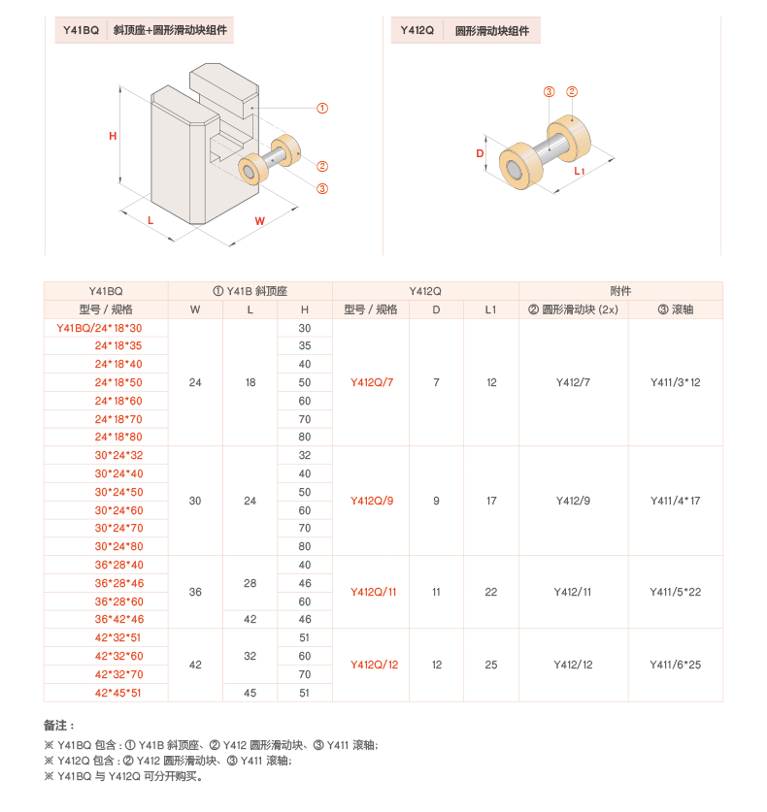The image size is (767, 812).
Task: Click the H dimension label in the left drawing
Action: [x=113, y=136]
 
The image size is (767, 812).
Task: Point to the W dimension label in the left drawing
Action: [x=260, y=221]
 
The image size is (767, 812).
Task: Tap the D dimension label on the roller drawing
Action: [x=481, y=153]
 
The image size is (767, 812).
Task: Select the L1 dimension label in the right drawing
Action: [x=580, y=172]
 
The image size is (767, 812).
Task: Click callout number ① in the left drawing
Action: [x=322, y=108]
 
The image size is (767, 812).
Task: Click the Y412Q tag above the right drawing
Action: [x=417, y=31]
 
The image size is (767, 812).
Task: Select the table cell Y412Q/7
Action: [x=371, y=382]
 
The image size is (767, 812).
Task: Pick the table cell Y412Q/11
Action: [x=371, y=592]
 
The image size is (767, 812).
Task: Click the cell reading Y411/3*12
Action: [x=675, y=382]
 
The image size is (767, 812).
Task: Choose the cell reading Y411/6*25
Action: [x=675, y=665]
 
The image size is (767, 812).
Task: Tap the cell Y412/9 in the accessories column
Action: [x=573, y=501]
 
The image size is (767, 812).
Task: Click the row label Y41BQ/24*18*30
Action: [x=106, y=328]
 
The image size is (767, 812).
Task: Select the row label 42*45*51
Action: [x=118, y=693]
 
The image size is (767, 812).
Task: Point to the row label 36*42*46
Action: [x=118, y=619]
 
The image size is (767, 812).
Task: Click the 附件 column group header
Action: [x=620, y=291]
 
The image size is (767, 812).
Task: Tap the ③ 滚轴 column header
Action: [x=675, y=309]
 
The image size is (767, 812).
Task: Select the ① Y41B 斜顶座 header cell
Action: [x=250, y=291]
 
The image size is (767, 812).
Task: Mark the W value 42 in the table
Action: [x=195, y=665]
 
